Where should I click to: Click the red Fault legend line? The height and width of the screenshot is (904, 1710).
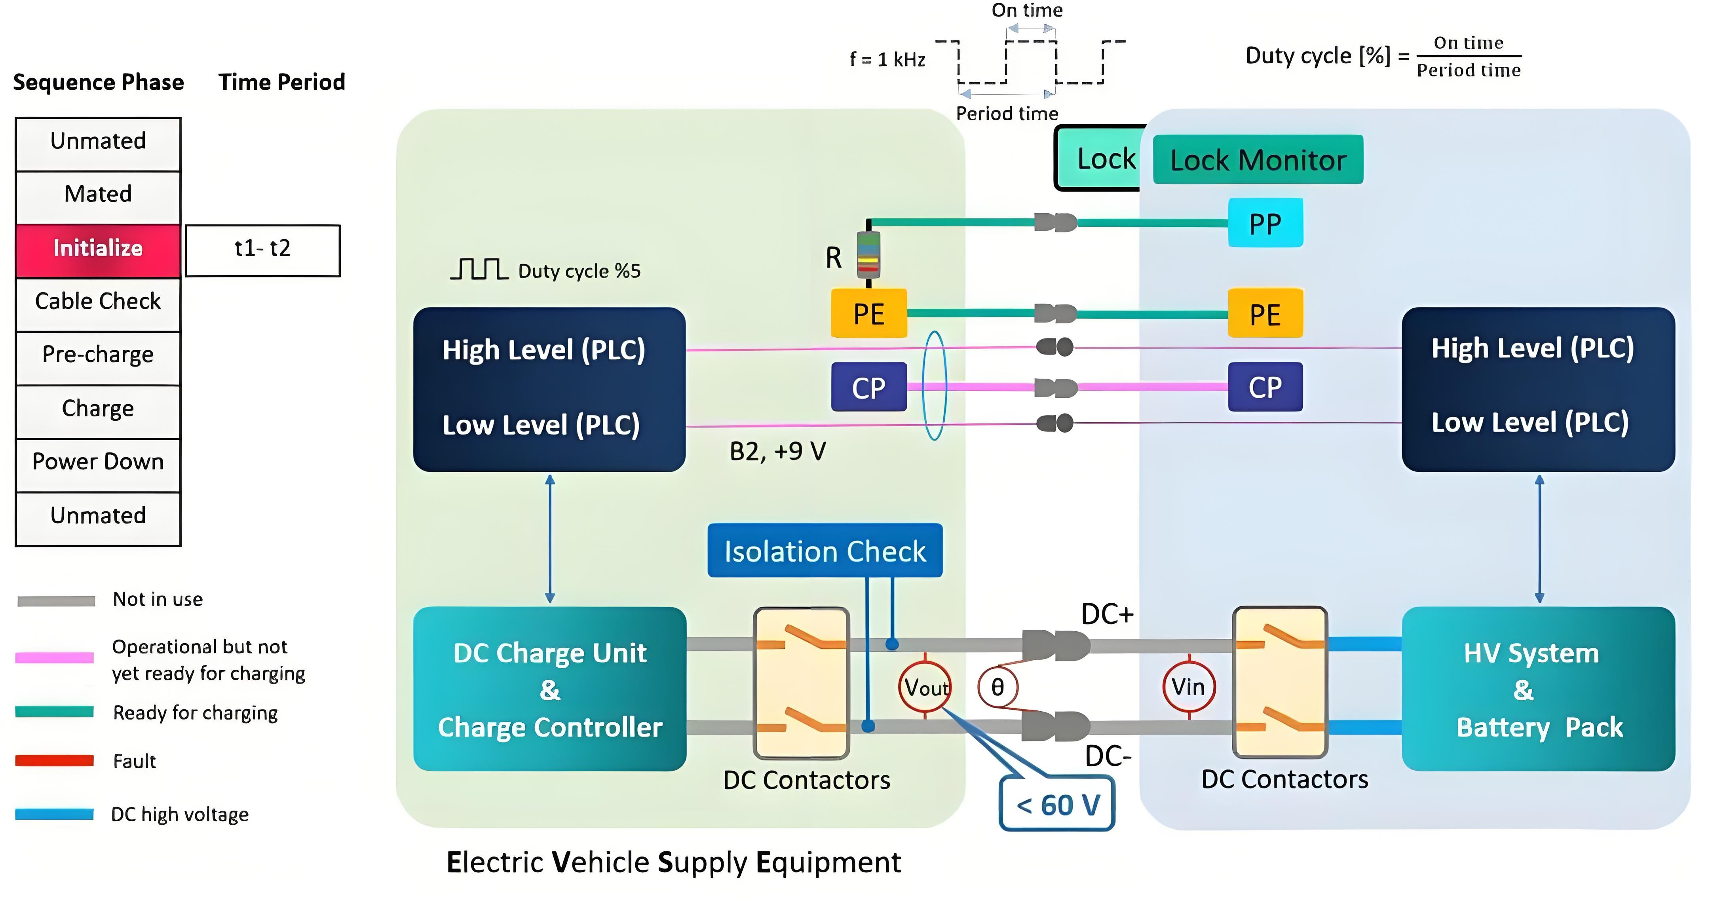click(x=55, y=761)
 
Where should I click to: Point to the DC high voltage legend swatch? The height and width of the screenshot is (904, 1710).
click(x=55, y=814)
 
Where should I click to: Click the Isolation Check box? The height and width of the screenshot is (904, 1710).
click(x=825, y=551)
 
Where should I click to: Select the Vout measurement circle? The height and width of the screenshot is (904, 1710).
click(x=925, y=687)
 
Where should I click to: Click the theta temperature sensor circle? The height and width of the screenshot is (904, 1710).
click(x=997, y=687)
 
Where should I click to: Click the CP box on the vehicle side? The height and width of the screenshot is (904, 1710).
click(x=1265, y=387)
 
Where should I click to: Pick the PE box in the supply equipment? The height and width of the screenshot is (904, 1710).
click(x=868, y=313)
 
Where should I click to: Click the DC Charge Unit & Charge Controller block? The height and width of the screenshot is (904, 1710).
click(x=550, y=689)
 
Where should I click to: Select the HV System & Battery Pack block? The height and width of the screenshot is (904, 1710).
click(x=1538, y=689)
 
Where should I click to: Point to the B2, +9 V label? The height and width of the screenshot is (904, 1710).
click(x=777, y=451)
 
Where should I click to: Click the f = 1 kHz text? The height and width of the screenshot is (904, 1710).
click(x=887, y=60)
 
